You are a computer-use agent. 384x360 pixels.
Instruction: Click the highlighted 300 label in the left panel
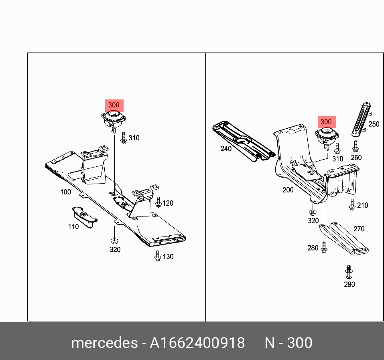pos(114,105)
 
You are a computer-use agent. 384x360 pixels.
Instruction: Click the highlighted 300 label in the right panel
pos(327,122)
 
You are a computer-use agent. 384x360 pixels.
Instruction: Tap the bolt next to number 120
pos(158,202)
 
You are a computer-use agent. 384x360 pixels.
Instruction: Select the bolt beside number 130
pos(157,256)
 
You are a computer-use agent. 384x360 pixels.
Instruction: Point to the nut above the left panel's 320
pos(114,241)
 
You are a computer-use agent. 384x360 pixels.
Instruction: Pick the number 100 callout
pos(66,192)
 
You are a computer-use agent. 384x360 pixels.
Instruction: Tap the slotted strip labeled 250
pos(362,119)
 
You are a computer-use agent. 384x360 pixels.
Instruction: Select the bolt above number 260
pos(356,146)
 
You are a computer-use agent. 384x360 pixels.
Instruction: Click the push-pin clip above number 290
pos(349,272)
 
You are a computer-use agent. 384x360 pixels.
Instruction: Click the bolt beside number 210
pos(352,204)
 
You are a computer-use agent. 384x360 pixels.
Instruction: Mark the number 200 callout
pos(288,190)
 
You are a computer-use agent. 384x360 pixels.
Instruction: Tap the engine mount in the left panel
pos(114,120)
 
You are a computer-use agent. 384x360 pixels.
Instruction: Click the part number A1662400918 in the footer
pos(197,343)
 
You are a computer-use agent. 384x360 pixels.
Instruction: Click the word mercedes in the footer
pos(104,343)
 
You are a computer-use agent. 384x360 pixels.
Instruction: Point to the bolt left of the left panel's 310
pos(124,138)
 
